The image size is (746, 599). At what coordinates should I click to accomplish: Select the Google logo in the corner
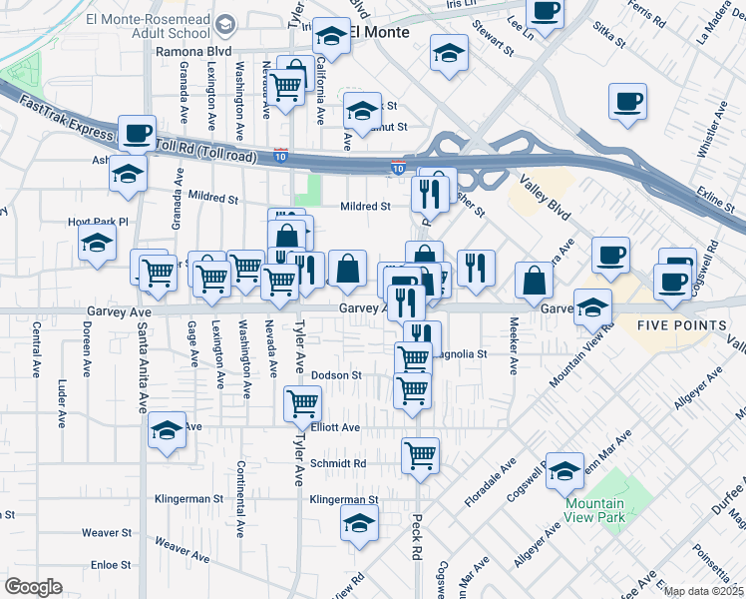click(x=33, y=587)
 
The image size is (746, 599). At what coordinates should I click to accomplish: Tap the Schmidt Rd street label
click(x=338, y=464)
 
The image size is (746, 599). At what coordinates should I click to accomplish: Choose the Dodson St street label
click(x=335, y=375)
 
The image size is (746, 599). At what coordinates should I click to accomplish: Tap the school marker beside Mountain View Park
click(x=565, y=469)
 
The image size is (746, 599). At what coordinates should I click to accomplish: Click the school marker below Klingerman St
click(x=359, y=523)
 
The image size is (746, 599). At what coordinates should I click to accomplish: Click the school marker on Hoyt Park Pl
click(x=98, y=242)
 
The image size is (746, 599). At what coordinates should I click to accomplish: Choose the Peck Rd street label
click(x=416, y=537)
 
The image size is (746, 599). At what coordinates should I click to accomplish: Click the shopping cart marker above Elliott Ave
click(x=302, y=403)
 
